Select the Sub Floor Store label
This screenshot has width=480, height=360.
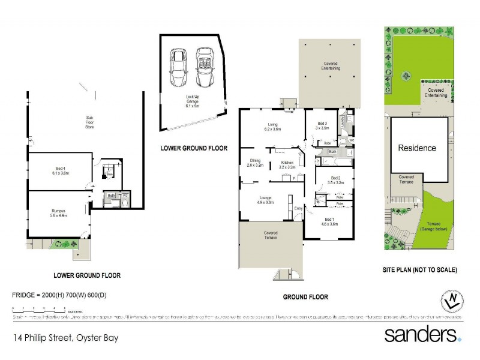pyautogui.click(x=89, y=122)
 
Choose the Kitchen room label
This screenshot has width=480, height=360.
pyautogui.click(x=287, y=164)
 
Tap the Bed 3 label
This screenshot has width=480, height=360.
pyautogui.click(x=322, y=125)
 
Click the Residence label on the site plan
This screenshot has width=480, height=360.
pyautogui.click(x=418, y=148)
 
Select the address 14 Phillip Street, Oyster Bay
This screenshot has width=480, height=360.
pyautogui.click(x=66, y=338)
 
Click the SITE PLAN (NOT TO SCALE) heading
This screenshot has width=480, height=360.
pyautogui.click(x=419, y=270)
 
